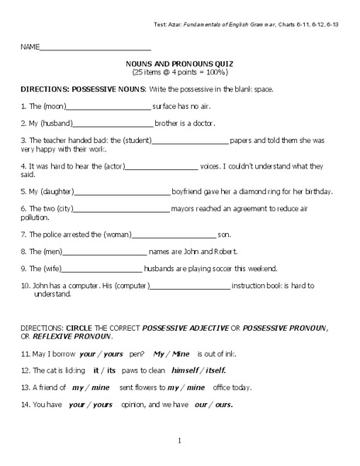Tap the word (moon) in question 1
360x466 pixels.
(53, 106)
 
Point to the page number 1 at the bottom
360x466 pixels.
(179, 441)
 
